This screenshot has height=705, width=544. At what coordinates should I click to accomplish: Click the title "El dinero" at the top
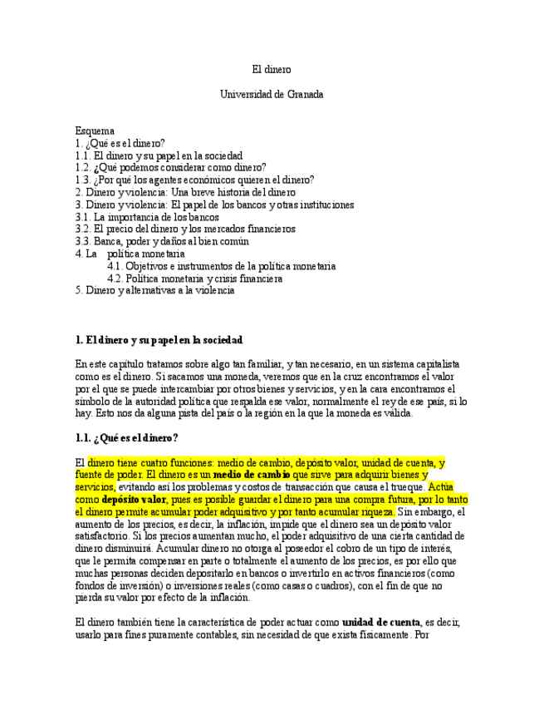coord(272,70)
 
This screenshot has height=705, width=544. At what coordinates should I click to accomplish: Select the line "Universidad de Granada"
coord(272,95)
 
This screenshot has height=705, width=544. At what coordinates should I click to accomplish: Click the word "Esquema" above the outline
coord(95,131)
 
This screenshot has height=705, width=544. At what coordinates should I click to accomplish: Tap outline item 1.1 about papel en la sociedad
coord(159,155)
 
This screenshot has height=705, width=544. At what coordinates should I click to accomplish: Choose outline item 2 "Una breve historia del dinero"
coord(185,192)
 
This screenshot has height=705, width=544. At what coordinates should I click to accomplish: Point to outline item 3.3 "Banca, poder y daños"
coord(162,241)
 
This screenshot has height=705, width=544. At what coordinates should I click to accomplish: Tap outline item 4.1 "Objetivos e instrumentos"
coord(221,266)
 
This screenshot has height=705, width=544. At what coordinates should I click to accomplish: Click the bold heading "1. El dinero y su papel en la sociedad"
coord(159,340)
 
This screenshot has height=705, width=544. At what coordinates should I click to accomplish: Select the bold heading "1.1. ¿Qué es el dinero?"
coord(126,438)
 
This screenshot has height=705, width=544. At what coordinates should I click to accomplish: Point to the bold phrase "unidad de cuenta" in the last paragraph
coord(381,622)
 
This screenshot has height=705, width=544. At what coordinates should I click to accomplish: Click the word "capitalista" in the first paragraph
coord(436,364)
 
